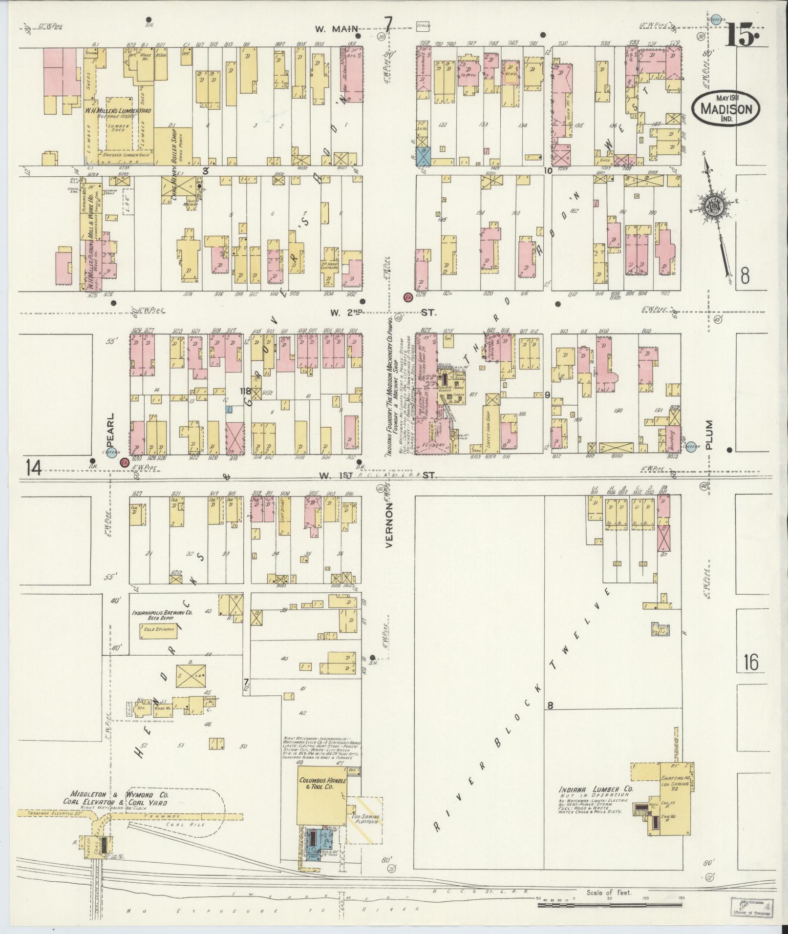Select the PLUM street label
pyautogui.click(x=709, y=434)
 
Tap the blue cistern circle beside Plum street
pyautogui.click(x=690, y=446)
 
